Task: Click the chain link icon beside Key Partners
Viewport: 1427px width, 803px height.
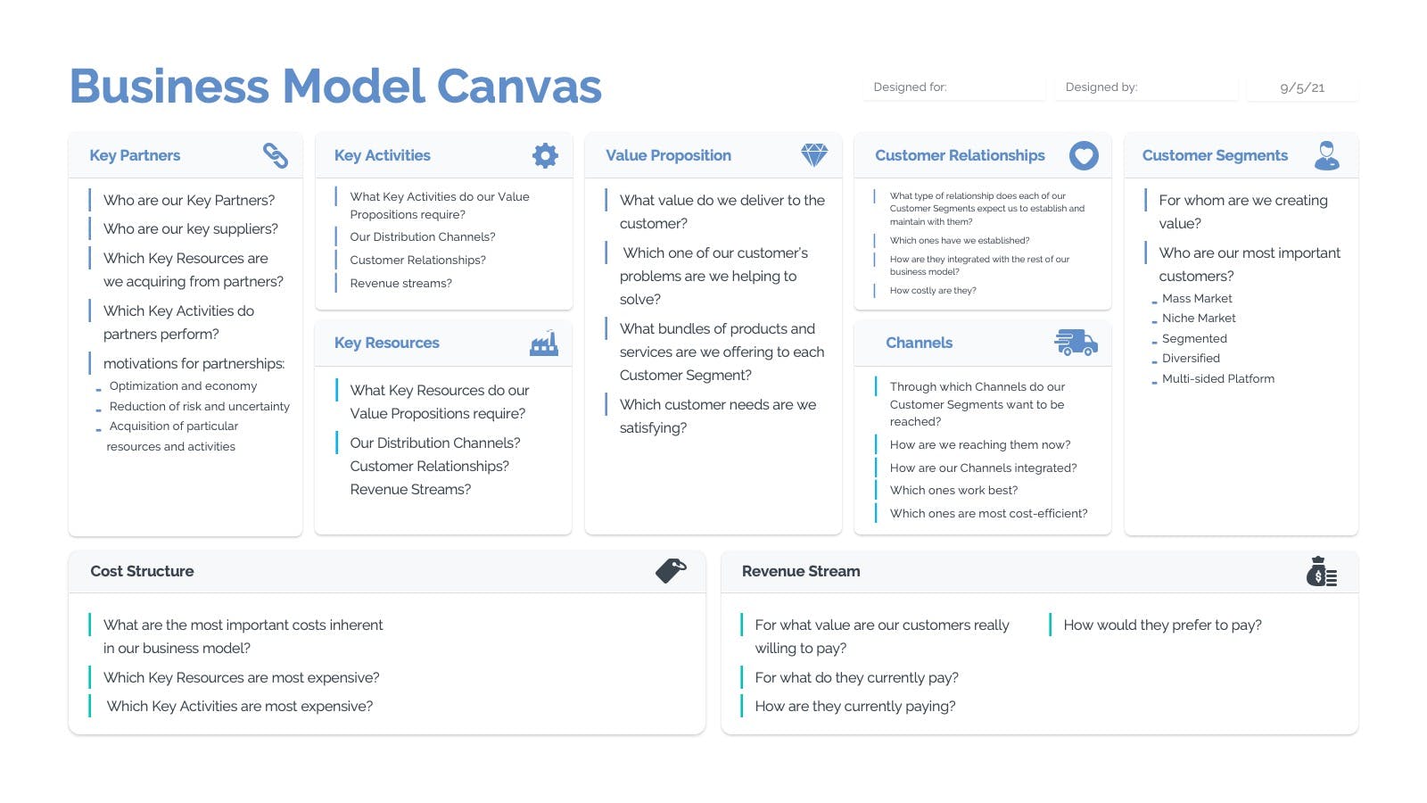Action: [276, 155]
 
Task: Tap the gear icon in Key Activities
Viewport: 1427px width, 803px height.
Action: [545, 155]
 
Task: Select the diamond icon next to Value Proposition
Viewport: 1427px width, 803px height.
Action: [814, 155]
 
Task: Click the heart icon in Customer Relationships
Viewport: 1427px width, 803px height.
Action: [1084, 155]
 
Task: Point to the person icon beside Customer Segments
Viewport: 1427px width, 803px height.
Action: [1326, 155]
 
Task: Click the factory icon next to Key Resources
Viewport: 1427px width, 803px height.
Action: [544, 343]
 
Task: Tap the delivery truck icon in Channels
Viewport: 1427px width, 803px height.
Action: [1076, 343]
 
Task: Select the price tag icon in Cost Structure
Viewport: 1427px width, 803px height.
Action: [671, 571]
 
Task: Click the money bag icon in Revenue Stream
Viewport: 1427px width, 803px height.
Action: [1321, 572]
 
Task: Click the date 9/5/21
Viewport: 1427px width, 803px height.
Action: [1302, 88]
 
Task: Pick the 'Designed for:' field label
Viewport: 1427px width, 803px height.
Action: [910, 87]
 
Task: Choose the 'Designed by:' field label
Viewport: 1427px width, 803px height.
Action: [1101, 87]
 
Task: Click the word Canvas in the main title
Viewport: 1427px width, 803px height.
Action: [519, 86]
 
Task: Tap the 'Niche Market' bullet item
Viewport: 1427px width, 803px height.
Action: [1199, 318]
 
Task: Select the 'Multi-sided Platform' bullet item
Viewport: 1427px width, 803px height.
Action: [1218, 378]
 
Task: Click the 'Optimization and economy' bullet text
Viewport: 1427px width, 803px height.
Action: [183, 386]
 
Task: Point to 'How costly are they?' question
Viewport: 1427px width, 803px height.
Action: [933, 291]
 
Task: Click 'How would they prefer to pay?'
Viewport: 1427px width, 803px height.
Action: [1163, 625]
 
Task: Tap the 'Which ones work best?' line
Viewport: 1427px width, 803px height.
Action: [953, 490]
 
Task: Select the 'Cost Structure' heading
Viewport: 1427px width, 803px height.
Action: [142, 571]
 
